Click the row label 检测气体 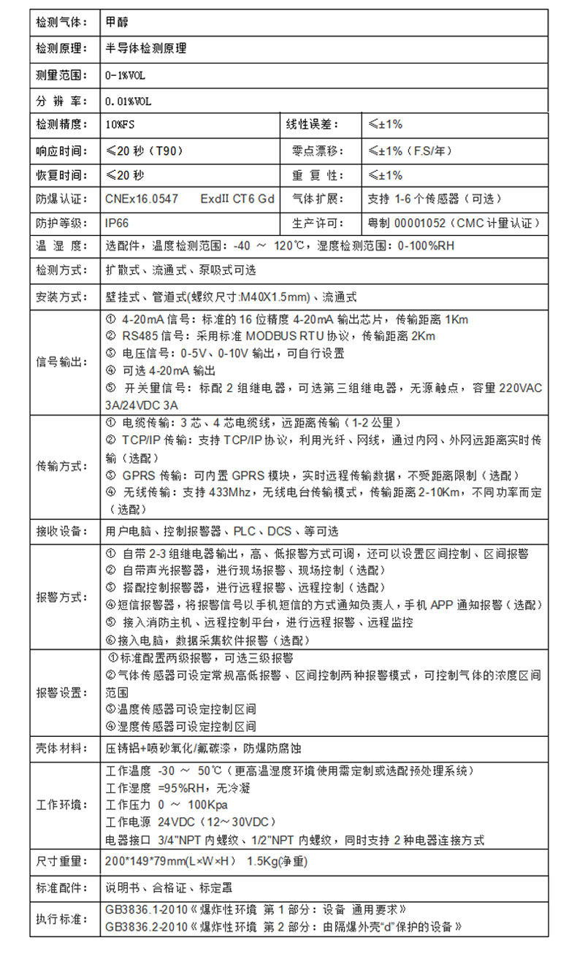tap(61, 23)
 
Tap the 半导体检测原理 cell tap(146, 48)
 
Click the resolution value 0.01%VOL tap(129, 101)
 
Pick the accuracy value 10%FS tap(121, 125)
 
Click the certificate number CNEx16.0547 tap(142, 199)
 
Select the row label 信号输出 tap(61, 361)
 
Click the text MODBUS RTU tap(277, 336)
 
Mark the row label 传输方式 tap(61, 465)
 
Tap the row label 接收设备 tap(61, 531)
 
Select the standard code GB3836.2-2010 tap(146, 927)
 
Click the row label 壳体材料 tap(61, 749)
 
